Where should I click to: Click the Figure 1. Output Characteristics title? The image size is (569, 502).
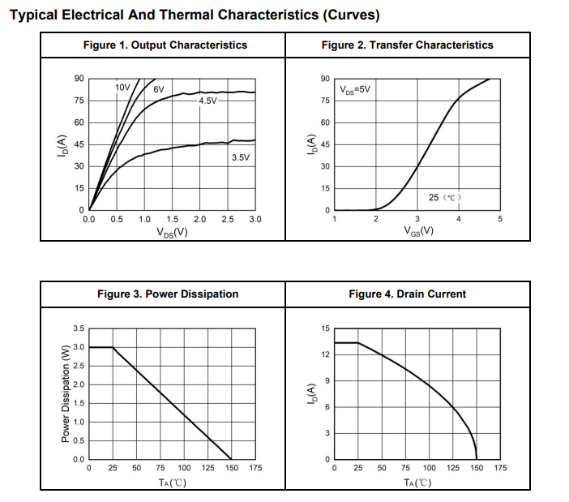pyautogui.click(x=165, y=45)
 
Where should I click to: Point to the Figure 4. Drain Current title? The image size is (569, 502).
pyautogui.click(x=407, y=294)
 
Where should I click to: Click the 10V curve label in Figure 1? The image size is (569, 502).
pyautogui.click(x=122, y=87)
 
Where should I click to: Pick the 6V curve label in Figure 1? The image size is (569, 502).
pyautogui.click(x=159, y=88)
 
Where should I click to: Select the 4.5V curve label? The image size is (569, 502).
pyautogui.click(x=208, y=101)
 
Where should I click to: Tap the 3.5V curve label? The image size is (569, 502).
pyautogui.click(x=241, y=157)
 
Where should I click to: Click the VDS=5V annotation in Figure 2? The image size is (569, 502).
pyautogui.click(x=355, y=89)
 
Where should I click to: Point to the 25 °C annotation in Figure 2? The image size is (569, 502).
pyautogui.click(x=445, y=198)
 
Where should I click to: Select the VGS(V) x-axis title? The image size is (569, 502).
pyautogui.click(x=418, y=232)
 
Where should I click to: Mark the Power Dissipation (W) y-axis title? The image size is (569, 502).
pyautogui.click(x=66, y=394)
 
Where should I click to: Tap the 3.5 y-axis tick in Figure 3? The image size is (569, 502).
pyautogui.click(x=78, y=328)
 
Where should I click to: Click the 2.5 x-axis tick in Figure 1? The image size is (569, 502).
pyautogui.click(x=228, y=220)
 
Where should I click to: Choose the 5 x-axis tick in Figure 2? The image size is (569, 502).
pyautogui.click(x=500, y=220)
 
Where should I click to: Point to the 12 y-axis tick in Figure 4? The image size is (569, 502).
pyautogui.click(x=326, y=354)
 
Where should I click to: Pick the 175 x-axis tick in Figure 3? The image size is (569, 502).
pyautogui.click(x=255, y=468)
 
